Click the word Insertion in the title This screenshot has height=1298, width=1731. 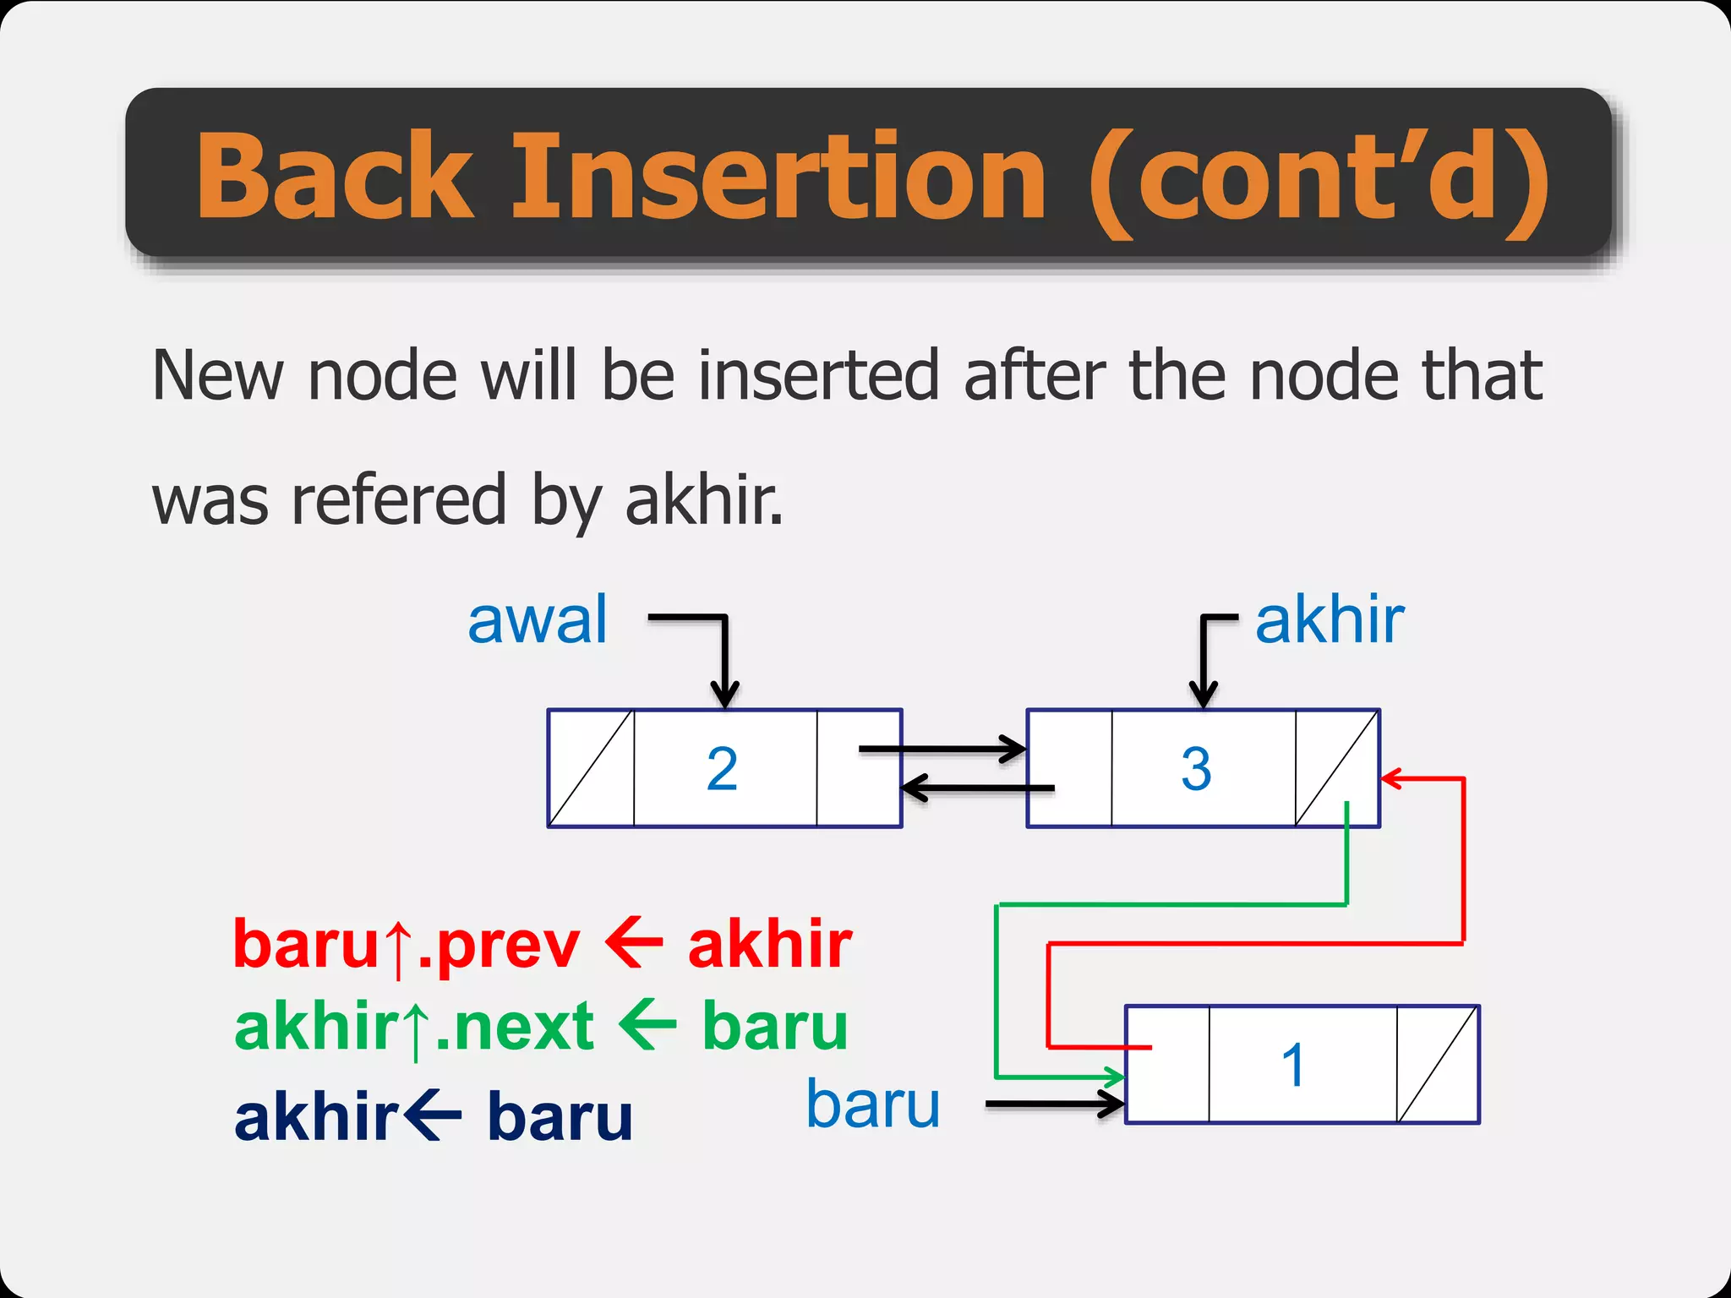coord(779,177)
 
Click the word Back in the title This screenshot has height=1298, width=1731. coord(335,177)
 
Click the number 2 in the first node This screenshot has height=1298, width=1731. coord(722,769)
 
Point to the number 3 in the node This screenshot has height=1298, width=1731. coord(1196,769)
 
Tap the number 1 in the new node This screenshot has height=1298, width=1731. coord(1293,1065)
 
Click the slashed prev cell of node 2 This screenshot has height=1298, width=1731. coord(591,768)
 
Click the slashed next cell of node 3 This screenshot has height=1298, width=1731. coord(1337,768)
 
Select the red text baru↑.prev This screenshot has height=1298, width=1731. coord(407,945)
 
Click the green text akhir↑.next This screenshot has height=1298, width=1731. coord(414,1027)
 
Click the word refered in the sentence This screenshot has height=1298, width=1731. coord(399,499)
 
